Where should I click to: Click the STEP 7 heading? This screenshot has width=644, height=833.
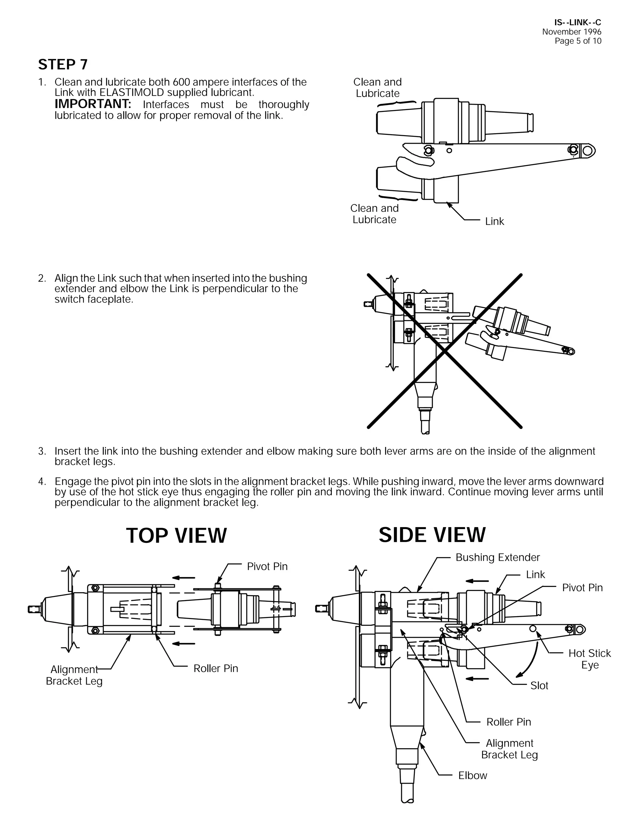pyautogui.click(x=63, y=64)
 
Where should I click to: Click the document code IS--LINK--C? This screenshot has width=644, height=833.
pyautogui.click(x=577, y=23)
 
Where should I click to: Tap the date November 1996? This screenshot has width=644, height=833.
pyautogui.click(x=571, y=32)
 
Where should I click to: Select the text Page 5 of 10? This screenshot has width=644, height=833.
pyautogui.click(x=578, y=41)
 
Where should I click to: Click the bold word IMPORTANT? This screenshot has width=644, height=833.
pyautogui.click(x=93, y=104)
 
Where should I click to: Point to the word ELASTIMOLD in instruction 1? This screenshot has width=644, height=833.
pyautogui.click(x=132, y=93)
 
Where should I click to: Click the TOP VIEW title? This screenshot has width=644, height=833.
pyautogui.click(x=176, y=536)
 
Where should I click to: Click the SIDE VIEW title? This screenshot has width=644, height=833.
pyautogui.click(x=432, y=535)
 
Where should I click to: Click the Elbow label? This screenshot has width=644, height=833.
pyautogui.click(x=472, y=775)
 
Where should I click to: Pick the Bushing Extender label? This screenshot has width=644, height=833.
pyautogui.click(x=497, y=557)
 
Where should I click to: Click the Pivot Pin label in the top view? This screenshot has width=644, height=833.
pyautogui.click(x=267, y=566)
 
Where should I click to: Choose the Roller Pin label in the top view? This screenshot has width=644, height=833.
pyautogui.click(x=215, y=668)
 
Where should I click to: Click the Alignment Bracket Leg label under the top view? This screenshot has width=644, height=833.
pyautogui.click(x=74, y=675)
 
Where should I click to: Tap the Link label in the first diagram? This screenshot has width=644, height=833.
pyautogui.click(x=494, y=221)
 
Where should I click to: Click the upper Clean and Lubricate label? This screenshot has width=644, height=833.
pyautogui.click(x=377, y=88)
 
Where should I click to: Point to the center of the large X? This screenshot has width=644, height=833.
pyautogui.click(x=444, y=350)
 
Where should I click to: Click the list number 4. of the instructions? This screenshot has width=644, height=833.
pyautogui.click(x=42, y=481)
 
